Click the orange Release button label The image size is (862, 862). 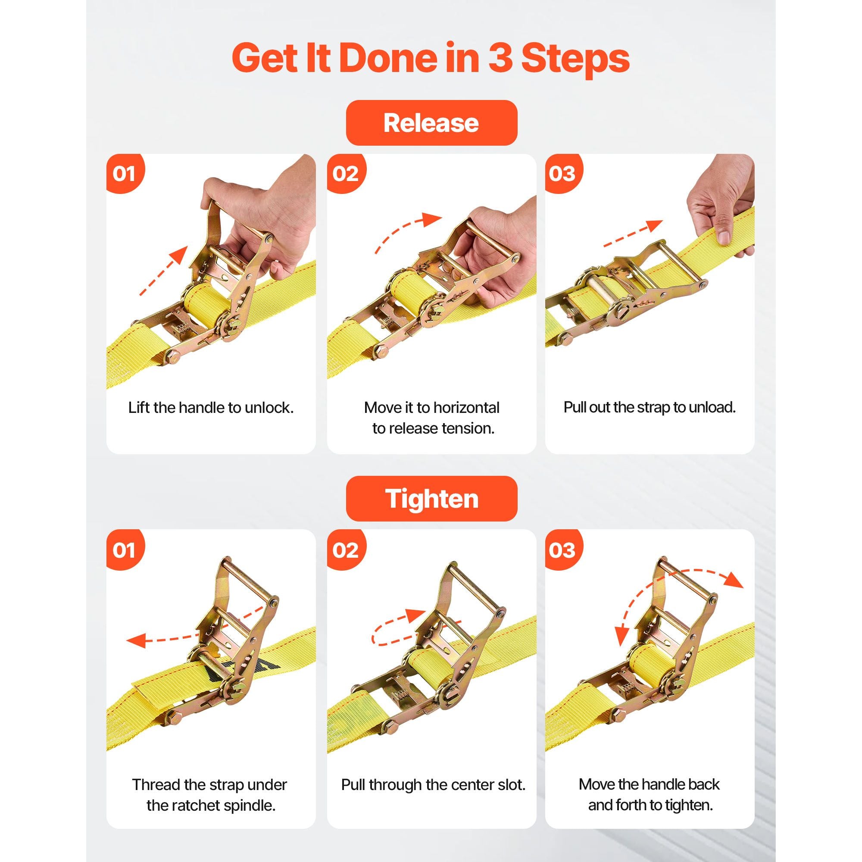431,123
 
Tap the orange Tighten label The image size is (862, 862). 431,498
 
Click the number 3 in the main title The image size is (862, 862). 500,58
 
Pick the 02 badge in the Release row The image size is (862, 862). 346,174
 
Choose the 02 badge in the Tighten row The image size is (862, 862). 346,550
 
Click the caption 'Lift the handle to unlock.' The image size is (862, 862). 211,407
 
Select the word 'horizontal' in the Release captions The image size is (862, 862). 466,407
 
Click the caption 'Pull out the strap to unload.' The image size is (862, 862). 650,407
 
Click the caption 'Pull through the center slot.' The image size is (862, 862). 433,785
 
